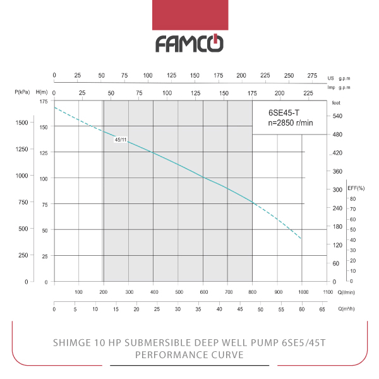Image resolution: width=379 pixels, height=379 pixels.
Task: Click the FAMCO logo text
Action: [189, 44]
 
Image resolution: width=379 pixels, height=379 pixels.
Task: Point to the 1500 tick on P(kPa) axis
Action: [21, 122]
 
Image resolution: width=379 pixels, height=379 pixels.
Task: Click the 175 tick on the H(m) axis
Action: [43, 102]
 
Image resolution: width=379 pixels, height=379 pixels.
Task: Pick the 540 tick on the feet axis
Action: [337, 116]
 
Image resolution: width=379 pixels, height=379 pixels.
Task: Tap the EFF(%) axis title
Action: [356, 188]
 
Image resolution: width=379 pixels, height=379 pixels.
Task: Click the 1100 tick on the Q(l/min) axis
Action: [327, 292]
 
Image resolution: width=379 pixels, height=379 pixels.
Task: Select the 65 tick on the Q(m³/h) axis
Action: [323, 311]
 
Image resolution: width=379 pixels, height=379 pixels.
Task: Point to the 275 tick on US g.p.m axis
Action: [311, 75]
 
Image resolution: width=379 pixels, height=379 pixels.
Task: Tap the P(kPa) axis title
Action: [23, 92]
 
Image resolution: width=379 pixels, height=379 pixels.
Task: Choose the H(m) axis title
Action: [43, 92]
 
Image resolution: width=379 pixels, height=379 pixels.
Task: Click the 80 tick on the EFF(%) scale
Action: [352, 199]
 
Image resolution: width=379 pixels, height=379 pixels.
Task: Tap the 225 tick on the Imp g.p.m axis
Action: [308, 93]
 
